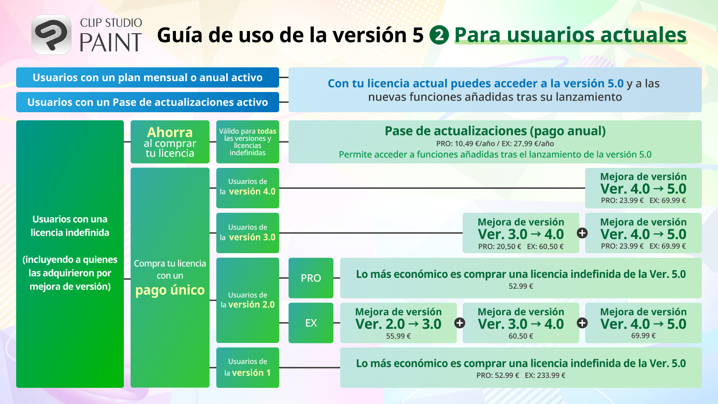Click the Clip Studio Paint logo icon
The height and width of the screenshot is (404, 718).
[51, 35]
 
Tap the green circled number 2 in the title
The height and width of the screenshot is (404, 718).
[439, 35]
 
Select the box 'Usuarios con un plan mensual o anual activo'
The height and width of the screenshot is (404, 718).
[148, 77]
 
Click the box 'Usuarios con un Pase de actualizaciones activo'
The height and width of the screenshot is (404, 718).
[148, 102]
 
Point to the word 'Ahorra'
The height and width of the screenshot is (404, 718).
[170, 132]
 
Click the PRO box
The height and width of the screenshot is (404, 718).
[311, 278]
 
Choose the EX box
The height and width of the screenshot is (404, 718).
[311, 323]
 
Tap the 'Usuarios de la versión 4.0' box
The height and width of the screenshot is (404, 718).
[247, 188]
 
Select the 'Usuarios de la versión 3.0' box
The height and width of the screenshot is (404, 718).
[247, 233]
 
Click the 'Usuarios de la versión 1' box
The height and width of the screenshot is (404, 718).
[247, 368]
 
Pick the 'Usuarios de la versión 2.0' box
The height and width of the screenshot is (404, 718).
[247, 300]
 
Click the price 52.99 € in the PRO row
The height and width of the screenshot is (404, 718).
[521, 286]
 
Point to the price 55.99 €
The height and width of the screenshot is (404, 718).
[398, 336]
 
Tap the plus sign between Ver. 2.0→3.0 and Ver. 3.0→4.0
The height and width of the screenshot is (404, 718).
[460, 323]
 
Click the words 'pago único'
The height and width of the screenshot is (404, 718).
[170, 290]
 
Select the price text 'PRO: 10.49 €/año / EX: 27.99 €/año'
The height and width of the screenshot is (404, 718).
[495, 143]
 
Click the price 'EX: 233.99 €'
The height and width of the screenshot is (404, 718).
[545, 375]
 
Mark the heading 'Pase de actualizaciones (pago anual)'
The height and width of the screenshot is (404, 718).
[495, 131]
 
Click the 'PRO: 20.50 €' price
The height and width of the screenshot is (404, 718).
[499, 246]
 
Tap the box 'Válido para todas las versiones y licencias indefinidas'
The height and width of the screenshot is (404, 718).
[247, 142]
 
